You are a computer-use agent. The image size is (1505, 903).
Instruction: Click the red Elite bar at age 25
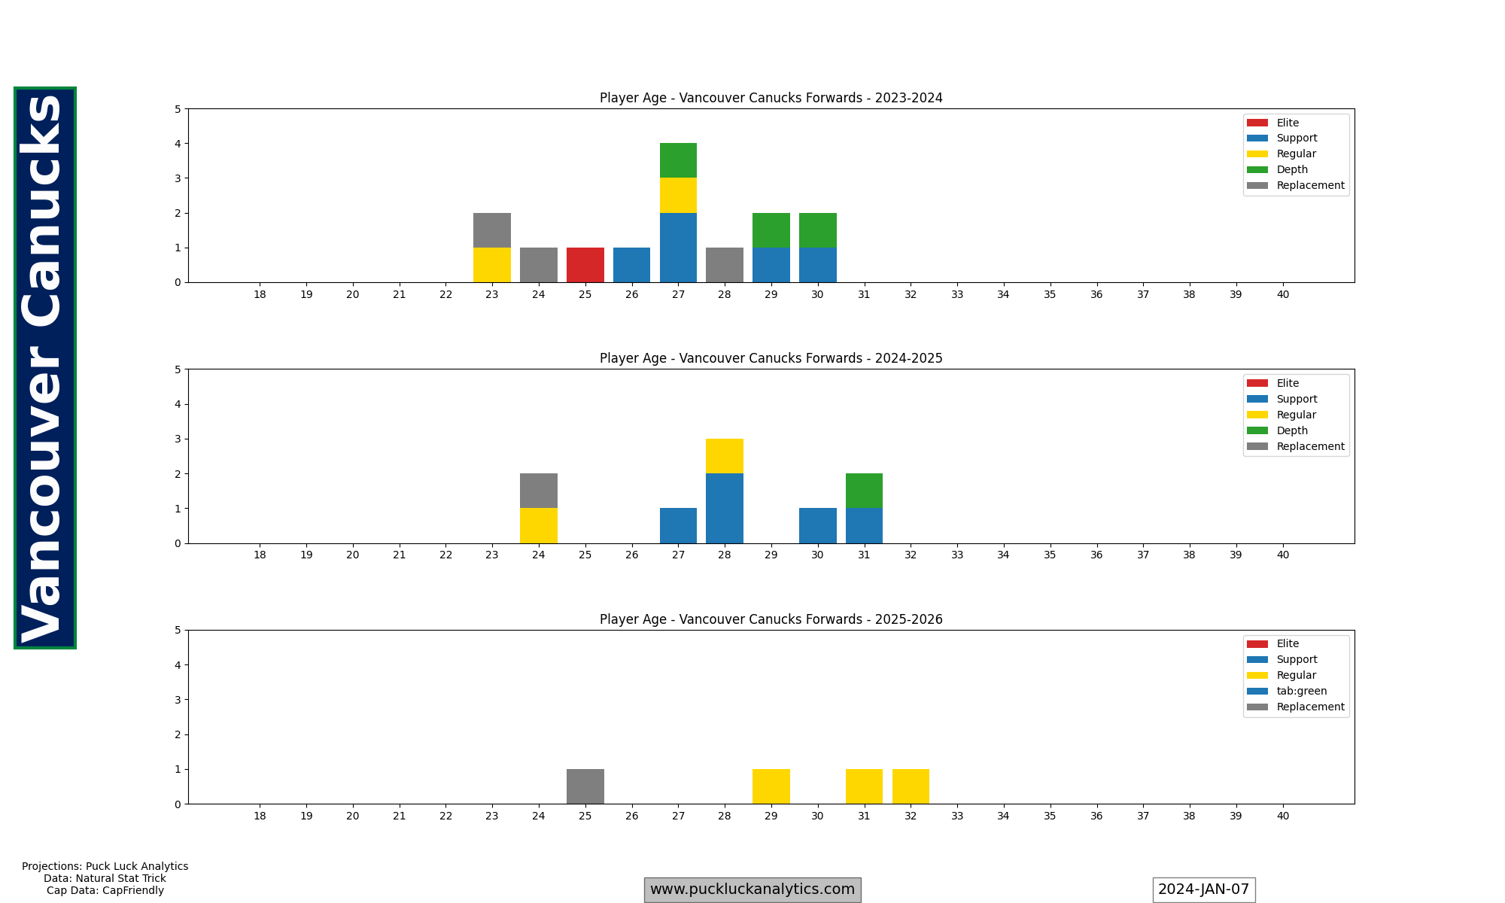[x=585, y=265]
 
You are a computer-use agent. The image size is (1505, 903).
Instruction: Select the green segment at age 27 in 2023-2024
[x=678, y=160]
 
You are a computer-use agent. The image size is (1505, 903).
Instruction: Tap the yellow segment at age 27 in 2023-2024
[x=678, y=196]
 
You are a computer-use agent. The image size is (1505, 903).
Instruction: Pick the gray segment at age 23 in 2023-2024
[x=492, y=230]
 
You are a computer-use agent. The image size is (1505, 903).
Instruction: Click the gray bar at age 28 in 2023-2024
[x=725, y=265]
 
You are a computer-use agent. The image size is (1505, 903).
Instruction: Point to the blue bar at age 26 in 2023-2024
[x=631, y=265]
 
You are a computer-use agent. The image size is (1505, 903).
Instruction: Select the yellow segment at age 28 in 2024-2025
[x=725, y=456]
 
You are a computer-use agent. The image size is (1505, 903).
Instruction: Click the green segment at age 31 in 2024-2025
[x=864, y=491]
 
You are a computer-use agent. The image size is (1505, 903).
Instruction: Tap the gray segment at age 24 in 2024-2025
[x=539, y=491]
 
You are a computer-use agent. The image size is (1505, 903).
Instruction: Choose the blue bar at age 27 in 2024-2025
[x=678, y=525]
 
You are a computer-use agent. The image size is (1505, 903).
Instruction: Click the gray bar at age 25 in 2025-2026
[x=585, y=786]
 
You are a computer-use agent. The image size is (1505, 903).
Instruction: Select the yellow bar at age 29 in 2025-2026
[x=771, y=786]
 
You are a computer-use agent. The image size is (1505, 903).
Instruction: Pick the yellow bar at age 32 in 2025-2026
[x=911, y=786]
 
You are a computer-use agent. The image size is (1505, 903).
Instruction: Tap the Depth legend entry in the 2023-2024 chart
[x=1292, y=169]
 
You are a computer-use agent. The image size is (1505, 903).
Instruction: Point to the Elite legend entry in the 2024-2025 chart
[x=1288, y=383]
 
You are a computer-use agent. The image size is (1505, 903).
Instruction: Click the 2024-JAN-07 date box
[x=1203, y=889]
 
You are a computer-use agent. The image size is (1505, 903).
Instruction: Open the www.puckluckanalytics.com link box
[x=752, y=889]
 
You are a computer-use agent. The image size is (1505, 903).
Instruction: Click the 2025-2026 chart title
[x=771, y=619]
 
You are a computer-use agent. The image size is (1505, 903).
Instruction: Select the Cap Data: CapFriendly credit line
[x=105, y=890]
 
